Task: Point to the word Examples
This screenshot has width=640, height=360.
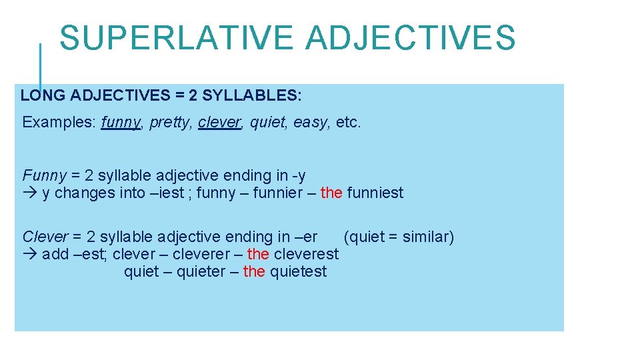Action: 59,123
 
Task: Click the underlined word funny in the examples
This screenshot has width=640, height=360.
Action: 121,123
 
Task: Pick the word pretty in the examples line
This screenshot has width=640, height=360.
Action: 170,123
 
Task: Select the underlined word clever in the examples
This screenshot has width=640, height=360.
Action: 219,123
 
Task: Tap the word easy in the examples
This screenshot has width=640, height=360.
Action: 312,123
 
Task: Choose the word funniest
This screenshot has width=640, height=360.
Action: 375,193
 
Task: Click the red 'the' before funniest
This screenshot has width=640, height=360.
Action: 331,193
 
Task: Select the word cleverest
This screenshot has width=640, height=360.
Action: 306,255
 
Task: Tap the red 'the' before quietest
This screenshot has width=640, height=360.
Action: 254,272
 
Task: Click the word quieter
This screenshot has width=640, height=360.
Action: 201,272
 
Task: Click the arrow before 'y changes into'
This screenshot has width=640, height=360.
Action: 29,193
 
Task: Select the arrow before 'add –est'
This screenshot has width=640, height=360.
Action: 29,255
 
